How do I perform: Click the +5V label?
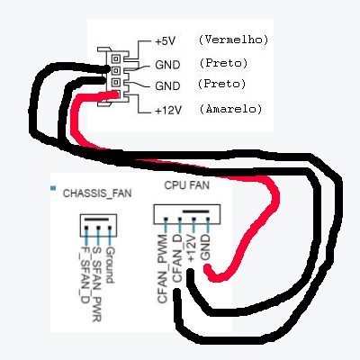165,41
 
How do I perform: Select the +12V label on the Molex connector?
168,111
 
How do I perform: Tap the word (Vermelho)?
233,40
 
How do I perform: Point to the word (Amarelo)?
230,108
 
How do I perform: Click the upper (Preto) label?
223,63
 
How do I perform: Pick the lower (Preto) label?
221,84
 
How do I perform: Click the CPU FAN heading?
186,185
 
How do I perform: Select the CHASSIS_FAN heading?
97,193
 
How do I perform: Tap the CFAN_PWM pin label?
163,269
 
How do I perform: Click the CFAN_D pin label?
177,259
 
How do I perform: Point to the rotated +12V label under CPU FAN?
191,247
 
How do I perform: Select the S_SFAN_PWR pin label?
97,284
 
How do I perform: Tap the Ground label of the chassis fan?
110,265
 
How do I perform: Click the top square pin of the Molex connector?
116,58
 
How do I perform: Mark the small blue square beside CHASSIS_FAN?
53,188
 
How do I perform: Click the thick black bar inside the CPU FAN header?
195,211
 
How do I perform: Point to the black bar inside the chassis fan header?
96,220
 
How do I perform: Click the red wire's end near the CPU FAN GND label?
207,268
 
